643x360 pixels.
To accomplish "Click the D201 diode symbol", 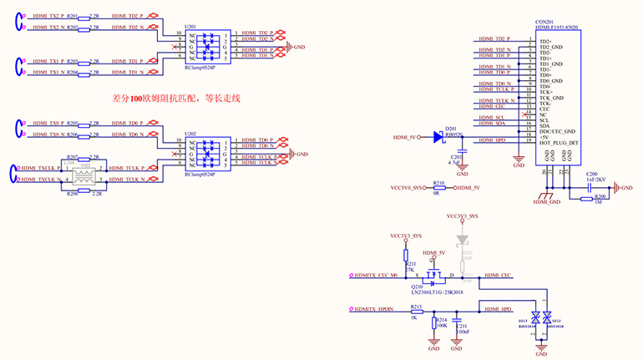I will tap(439, 138).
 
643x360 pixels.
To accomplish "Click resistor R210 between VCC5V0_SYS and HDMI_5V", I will tap(438, 188).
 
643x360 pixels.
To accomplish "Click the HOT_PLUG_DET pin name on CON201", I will tap(557, 143).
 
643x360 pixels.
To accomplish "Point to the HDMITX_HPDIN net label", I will tap(376, 310).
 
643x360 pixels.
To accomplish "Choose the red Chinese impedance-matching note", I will tap(175, 98).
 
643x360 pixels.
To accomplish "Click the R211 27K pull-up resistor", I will tap(406, 255).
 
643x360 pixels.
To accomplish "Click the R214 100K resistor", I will tap(433, 323).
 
